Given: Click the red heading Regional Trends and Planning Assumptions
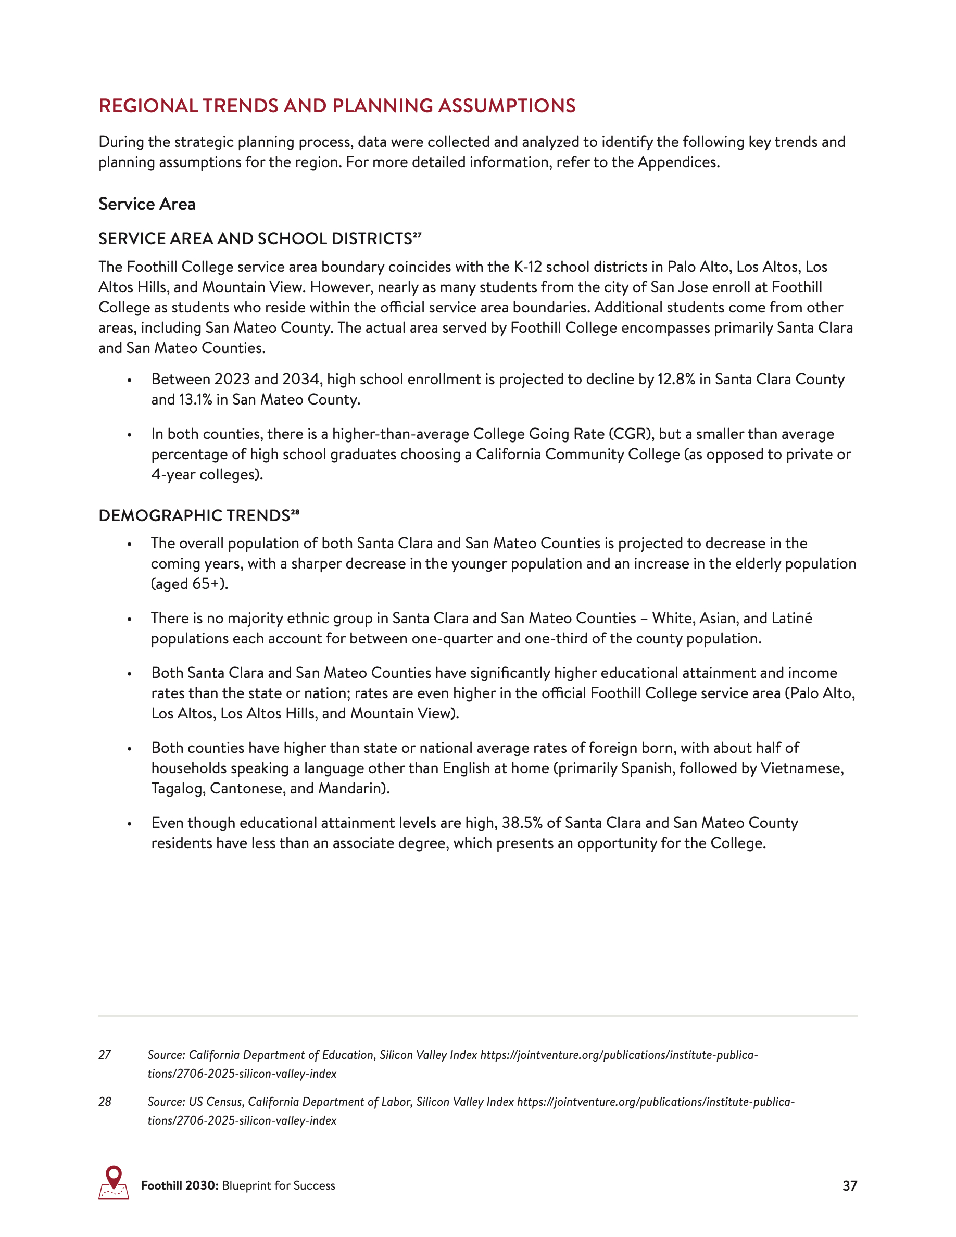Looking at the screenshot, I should pyautogui.click(x=337, y=106).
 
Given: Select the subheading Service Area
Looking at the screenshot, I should pyautogui.click(x=147, y=204).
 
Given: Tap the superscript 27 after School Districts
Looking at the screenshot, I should pyautogui.click(x=418, y=234).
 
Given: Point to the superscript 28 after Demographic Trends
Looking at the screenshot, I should pyautogui.click(x=295, y=511).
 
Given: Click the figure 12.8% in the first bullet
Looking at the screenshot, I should pyautogui.click(x=676, y=380).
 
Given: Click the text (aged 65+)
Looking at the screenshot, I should pyautogui.click(x=190, y=584).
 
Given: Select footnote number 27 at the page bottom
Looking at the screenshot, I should pyautogui.click(x=105, y=1055).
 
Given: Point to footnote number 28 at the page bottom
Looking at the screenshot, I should pyautogui.click(x=105, y=1102).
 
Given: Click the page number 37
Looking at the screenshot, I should pyautogui.click(x=850, y=1186).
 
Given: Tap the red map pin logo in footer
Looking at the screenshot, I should pyautogui.click(x=114, y=1183).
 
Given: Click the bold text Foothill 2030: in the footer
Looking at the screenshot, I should pyautogui.click(x=180, y=1186).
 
